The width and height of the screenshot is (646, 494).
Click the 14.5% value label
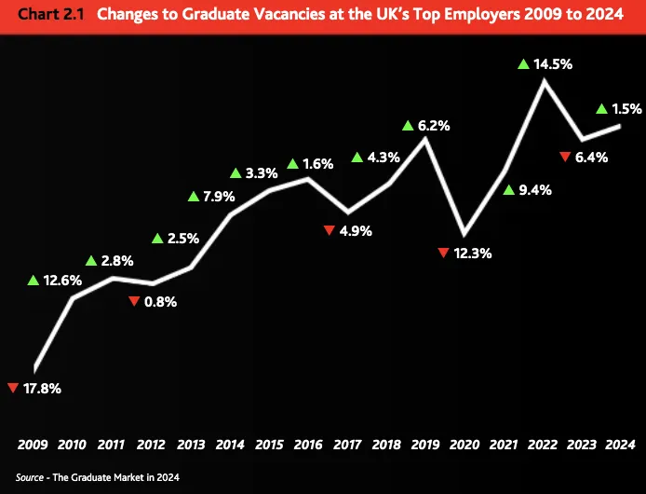click(553, 66)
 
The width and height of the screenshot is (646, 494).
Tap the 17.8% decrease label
click(41, 388)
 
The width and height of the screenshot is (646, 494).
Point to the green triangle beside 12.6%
click(34, 280)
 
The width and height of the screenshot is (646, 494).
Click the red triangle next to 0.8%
click(134, 300)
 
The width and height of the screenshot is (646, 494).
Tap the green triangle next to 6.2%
click(408, 125)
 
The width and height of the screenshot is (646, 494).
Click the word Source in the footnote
click(31, 477)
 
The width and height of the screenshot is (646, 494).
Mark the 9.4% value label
click(536, 190)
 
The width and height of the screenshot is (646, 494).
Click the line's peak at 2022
click(544, 81)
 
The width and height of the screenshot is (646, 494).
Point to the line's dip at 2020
click(464, 232)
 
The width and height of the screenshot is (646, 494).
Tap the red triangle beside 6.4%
click(565, 157)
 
